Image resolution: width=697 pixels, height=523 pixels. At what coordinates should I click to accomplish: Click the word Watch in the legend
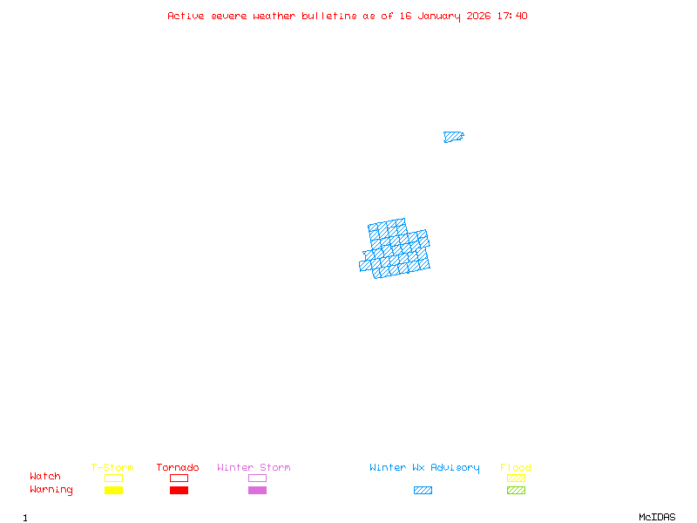(x=45, y=477)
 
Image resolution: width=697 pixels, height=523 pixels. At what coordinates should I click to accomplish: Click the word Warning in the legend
(x=51, y=490)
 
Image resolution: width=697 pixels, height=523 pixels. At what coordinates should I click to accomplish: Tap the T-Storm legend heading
(x=112, y=468)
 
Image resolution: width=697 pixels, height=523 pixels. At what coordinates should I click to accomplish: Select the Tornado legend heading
(x=178, y=468)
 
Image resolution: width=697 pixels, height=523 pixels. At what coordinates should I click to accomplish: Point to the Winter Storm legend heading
(x=254, y=468)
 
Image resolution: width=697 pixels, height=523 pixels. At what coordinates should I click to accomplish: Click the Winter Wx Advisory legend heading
(x=424, y=468)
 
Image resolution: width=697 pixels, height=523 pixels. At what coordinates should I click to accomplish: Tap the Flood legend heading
(x=516, y=468)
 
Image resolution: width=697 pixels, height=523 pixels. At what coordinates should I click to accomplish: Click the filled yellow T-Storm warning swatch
(x=113, y=491)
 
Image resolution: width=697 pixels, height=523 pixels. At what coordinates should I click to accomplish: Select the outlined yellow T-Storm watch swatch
(x=113, y=478)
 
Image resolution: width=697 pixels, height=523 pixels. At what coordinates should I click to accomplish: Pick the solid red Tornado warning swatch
(x=179, y=491)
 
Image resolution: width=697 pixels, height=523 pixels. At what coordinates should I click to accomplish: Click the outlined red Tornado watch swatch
(x=179, y=478)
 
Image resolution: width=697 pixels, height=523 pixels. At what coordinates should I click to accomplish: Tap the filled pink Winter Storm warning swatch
(x=257, y=491)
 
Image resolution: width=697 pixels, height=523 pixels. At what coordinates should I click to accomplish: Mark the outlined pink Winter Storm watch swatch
(x=257, y=478)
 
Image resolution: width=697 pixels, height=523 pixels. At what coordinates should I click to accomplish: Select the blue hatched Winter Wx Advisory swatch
(x=423, y=491)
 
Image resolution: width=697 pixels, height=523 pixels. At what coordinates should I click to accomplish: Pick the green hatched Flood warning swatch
(x=516, y=491)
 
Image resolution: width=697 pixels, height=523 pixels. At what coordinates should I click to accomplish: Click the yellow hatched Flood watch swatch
(x=516, y=478)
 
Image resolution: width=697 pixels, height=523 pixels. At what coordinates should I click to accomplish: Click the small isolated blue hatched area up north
(x=453, y=137)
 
